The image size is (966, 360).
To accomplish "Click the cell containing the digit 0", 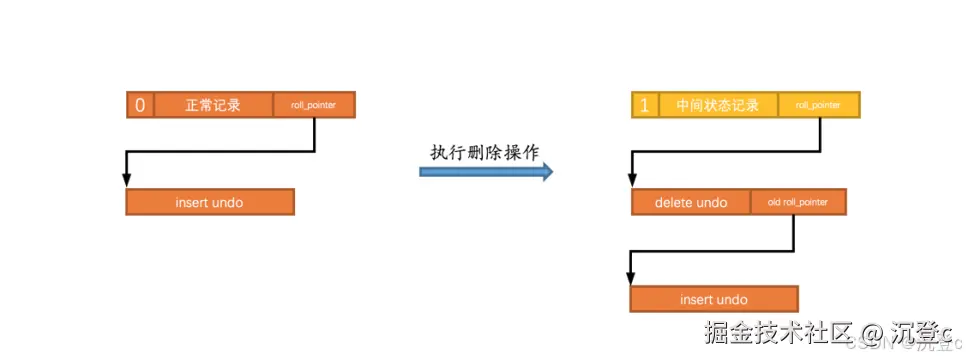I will pyautogui.click(x=140, y=105).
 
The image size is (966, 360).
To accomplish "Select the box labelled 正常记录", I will pyautogui.click(x=212, y=105).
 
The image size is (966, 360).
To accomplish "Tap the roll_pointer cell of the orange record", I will pyautogui.click(x=314, y=105).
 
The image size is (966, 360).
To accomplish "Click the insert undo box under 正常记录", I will pyautogui.click(x=210, y=202).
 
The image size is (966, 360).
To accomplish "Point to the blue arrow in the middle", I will pyautogui.click(x=484, y=172).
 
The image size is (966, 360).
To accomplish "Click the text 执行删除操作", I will pyautogui.click(x=484, y=151).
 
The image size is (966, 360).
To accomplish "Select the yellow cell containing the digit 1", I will pyautogui.click(x=645, y=105).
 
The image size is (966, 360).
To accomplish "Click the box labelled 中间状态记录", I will pyautogui.click(x=718, y=105).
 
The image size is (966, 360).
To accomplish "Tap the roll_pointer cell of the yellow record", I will pyautogui.click(x=819, y=105).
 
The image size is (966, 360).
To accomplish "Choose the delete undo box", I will pyautogui.click(x=691, y=203).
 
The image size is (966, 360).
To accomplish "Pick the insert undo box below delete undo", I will pyautogui.click(x=714, y=299).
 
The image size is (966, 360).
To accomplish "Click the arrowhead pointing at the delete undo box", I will pyautogui.click(x=633, y=180).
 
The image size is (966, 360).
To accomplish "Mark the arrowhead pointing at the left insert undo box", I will pyautogui.click(x=127, y=180).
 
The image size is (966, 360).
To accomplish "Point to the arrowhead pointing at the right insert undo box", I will pyautogui.click(x=631, y=277).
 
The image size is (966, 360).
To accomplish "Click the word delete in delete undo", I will pyautogui.click(x=675, y=203).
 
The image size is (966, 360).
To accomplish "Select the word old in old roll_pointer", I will pyautogui.click(x=774, y=203).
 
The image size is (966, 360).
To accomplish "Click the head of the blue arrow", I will pyautogui.click(x=546, y=172).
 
